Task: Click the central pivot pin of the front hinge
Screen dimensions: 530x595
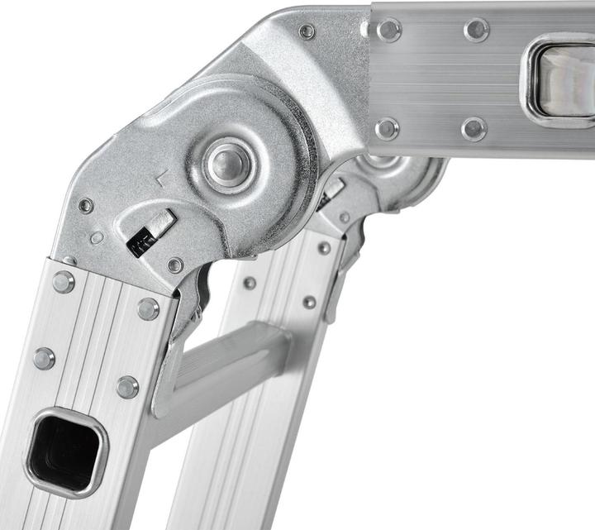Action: click(x=228, y=163)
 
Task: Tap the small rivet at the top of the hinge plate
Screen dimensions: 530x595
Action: click(x=307, y=31)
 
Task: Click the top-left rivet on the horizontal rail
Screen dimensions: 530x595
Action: click(x=388, y=30)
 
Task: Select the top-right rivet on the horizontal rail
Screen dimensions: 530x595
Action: click(x=476, y=30)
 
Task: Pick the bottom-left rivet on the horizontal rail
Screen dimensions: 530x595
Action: click(x=386, y=128)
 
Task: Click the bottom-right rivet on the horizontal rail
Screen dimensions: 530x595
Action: click(x=474, y=128)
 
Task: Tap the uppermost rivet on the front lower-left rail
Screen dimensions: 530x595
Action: click(x=63, y=282)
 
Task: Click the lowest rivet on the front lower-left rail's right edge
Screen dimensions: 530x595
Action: click(x=127, y=386)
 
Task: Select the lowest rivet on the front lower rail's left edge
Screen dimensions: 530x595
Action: click(x=43, y=358)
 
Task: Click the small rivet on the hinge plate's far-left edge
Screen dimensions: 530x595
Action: click(x=86, y=206)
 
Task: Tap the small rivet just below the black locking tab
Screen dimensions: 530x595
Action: click(x=175, y=265)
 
